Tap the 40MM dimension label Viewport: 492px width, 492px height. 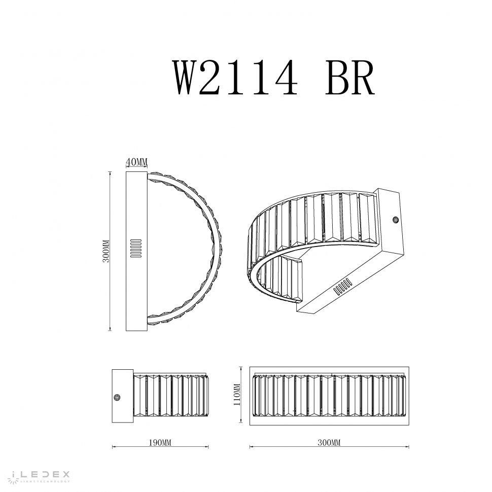[x=136, y=162]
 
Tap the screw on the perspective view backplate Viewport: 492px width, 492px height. [x=395, y=220]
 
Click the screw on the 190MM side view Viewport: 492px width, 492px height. [x=119, y=398]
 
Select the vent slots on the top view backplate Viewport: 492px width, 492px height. [x=136, y=249]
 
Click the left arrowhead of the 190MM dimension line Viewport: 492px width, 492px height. [x=113, y=447]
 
